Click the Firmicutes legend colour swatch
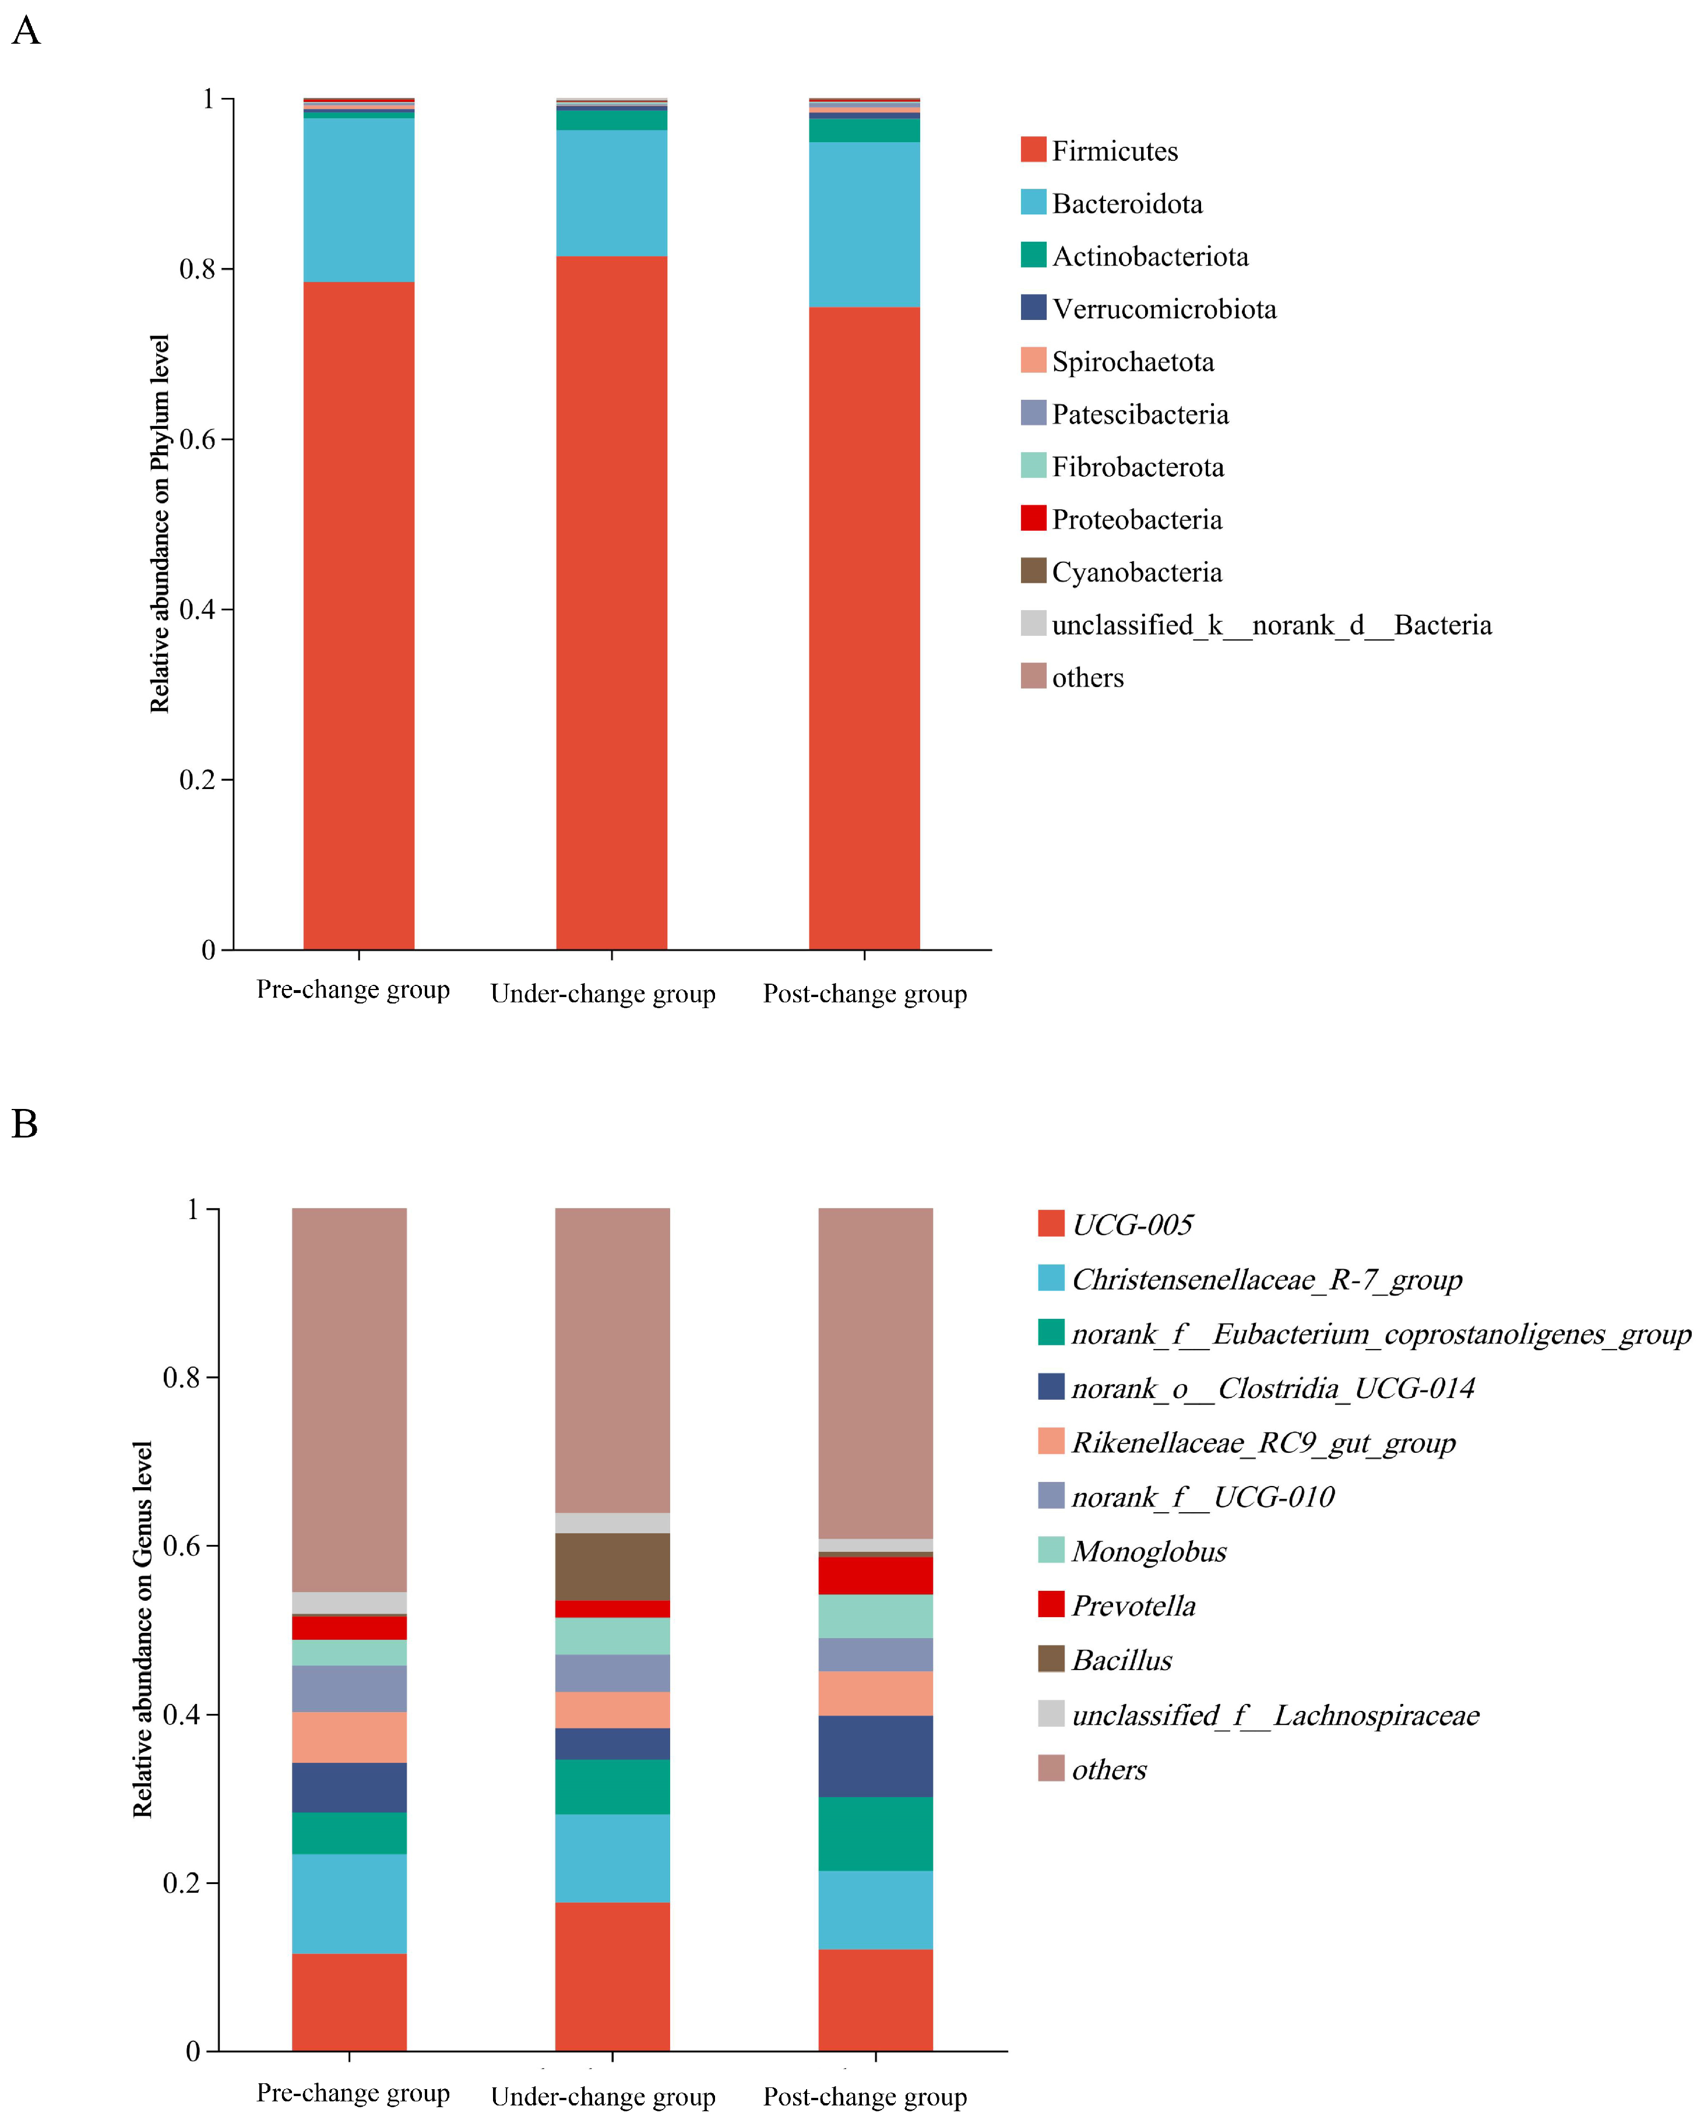pyautogui.click(x=1033, y=150)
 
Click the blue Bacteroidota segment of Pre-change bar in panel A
pyautogui.click(x=358, y=200)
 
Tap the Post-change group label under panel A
pyautogui.click(x=864, y=994)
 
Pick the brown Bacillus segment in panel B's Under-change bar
pyautogui.click(x=612, y=1566)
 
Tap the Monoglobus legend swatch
pyautogui.click(x=1051, y=1550)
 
